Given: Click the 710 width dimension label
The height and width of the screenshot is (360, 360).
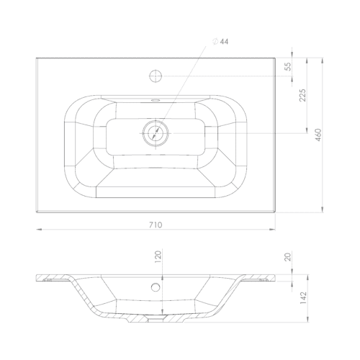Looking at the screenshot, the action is pyautogui.click(x=156, y=225).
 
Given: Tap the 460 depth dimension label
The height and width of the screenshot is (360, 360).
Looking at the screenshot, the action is pyautogui.click(x=318, y=135).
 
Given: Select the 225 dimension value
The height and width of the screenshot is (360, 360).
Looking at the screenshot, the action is pyautogui.click(x=302, y=95).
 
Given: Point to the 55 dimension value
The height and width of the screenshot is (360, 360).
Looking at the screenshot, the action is pyautogui.click(x=287, y=66).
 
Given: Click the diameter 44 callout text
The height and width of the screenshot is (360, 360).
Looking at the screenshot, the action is pyautogui.click(x=220, y=42).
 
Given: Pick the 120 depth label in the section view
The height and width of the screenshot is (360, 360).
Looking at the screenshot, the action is pyautogui.click(x=158, y=256).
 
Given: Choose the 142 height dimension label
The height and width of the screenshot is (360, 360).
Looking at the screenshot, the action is pyautogui.click(x=303, y=298).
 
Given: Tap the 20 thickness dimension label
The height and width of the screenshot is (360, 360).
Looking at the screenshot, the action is pyautogui.click(x=287, y=257).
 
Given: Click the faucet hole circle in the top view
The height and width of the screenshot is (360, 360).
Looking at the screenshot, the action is pyautogui.click(x=156, y=76).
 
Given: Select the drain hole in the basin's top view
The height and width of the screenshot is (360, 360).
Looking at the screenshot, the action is pyautogui.click(x=156, y=133).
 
